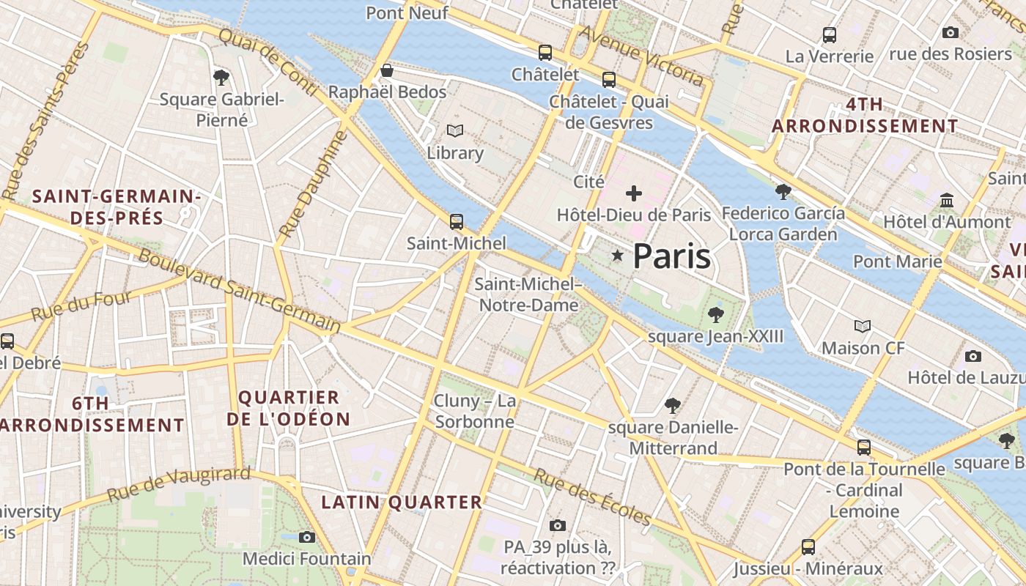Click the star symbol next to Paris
click(618, 256)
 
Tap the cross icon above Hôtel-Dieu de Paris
click(634, 193)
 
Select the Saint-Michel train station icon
click(457, 221)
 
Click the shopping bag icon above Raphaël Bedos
click(387, 70)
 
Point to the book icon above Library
click(455, 131)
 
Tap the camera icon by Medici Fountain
click(307, 537)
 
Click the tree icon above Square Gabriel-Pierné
click(221, 77)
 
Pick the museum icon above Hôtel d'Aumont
click(947, 200)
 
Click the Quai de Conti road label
click(267, 62)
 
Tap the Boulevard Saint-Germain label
click(239, 290)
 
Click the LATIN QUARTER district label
click(402, 502)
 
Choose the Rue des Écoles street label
click(592, 497)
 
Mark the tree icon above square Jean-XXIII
click(715, 315)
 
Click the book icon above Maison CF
click(863, 326)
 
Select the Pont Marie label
click(897, 262)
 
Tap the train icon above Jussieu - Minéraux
click(808, 546)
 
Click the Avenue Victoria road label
click(642, 56)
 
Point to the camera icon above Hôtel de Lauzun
click(973, 356)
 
